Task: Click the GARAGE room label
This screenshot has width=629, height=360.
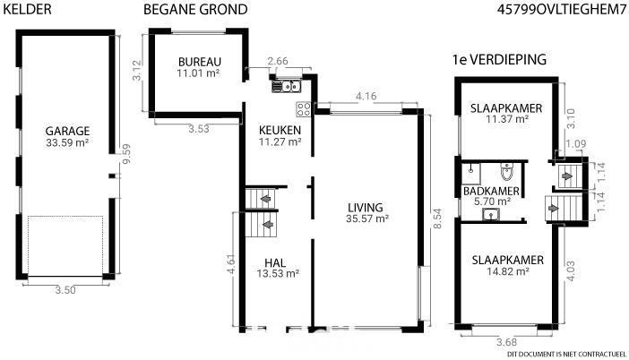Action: click(67, 131)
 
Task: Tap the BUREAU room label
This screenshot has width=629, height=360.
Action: click(200, 62)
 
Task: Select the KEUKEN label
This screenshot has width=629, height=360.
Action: click(280, 130)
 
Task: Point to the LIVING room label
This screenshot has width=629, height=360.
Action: click(365, 208)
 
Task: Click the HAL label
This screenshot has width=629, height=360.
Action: click(275, 263)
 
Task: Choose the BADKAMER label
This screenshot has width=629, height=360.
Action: click(491, 192)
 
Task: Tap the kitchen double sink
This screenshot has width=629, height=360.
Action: click(286, 86)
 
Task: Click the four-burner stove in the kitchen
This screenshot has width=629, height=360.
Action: click(304, 109)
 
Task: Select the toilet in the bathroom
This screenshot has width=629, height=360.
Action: click(507, 171)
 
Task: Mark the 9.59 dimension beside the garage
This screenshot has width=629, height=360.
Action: click(126, 154)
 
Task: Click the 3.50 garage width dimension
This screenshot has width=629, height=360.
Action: click(65, 290)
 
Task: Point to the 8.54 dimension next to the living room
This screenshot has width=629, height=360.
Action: click(437, 219)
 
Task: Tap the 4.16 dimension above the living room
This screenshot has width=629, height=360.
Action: click(366, 96)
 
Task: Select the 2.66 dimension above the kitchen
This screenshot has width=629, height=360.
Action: click(278, 61)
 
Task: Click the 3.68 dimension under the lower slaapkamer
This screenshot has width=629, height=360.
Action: click(506, 342)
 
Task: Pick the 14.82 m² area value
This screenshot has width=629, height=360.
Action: click(508, 271)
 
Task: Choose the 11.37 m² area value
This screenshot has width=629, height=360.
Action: click(507, 119)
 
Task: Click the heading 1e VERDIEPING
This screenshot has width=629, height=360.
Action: click(499, 60)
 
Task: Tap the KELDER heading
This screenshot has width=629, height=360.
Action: click(27, 9)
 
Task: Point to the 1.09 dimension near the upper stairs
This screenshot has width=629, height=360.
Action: click(576, 143)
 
